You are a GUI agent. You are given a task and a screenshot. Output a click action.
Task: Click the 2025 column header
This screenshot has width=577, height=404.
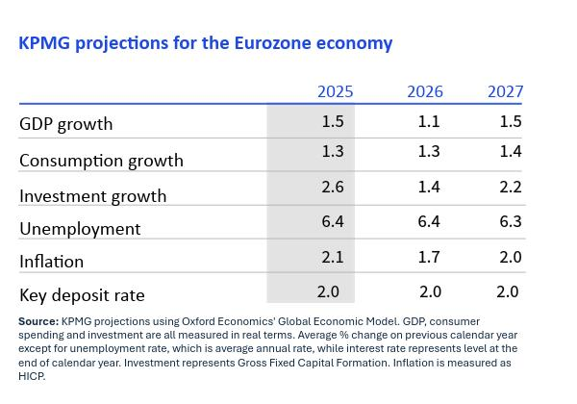point(336,92)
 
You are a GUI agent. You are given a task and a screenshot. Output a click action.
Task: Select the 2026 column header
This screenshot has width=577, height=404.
point(425,92)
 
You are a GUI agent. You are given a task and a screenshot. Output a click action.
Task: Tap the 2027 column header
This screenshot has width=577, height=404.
point(505,92)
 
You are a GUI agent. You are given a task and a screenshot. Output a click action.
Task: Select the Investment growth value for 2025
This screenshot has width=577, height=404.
point(334,187)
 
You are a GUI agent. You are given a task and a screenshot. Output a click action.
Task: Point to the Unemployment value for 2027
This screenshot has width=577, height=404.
point(510,221)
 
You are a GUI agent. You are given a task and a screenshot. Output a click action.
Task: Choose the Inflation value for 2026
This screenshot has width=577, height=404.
point(429,256)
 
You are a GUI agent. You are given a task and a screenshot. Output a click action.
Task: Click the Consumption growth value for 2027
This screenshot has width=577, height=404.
point(510,152)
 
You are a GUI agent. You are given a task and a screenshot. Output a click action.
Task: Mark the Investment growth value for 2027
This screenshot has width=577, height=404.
point(510,187)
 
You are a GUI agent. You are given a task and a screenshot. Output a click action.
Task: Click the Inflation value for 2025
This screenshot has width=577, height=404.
point(334,256)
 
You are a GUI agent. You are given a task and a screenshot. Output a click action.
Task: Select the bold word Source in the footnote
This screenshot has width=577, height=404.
point(38,321)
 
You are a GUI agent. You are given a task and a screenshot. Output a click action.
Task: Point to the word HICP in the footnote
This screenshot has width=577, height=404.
point(32,377)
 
